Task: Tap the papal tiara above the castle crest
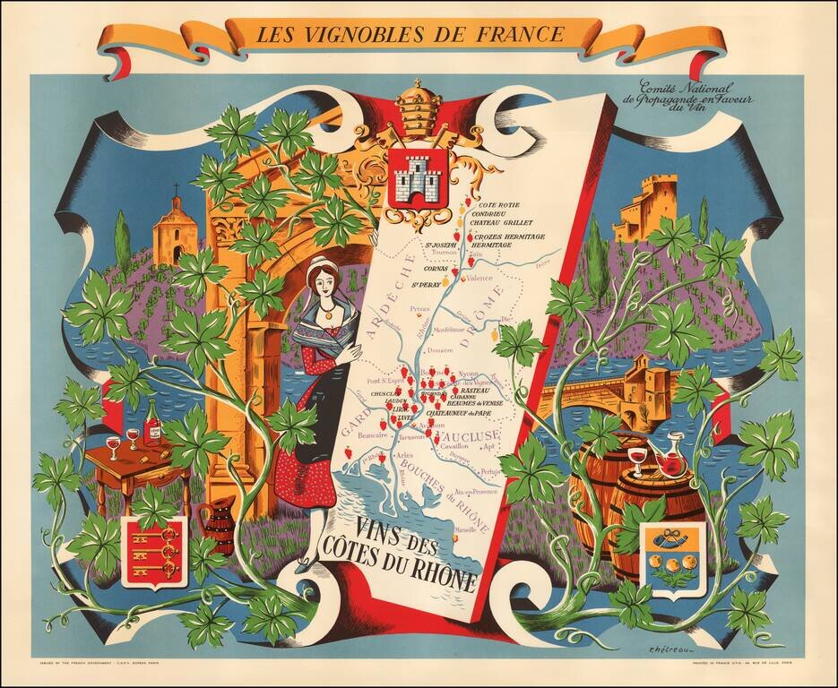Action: tap(413, 104)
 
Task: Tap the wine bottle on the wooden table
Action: tap(152, 422)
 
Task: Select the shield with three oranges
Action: tap(670, 559)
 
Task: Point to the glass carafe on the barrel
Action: tap(668, 456)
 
